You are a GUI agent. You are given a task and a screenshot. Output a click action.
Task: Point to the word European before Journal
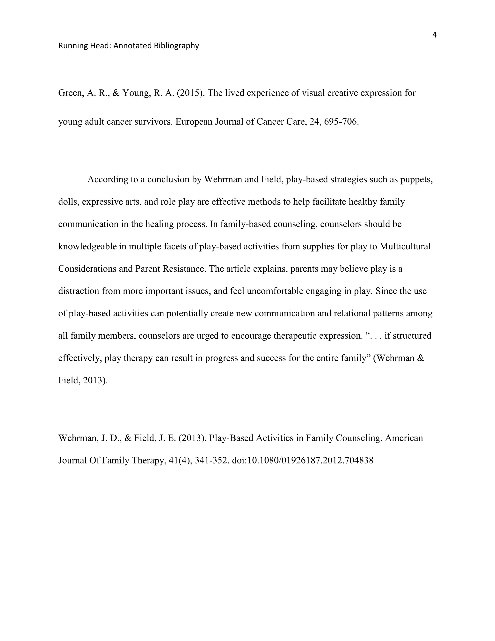point(194,121)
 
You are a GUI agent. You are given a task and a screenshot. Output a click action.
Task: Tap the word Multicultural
point(405,246)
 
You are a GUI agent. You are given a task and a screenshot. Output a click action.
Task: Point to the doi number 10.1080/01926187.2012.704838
point(311,460)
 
